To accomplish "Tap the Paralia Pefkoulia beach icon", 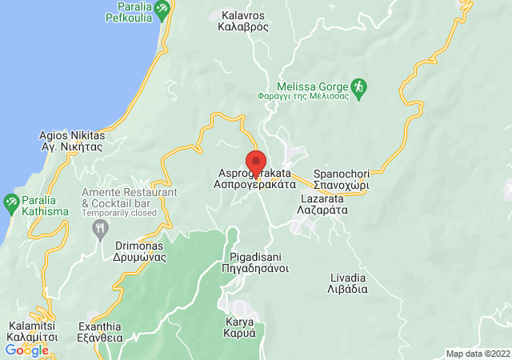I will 162,10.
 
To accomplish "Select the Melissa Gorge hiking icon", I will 359,86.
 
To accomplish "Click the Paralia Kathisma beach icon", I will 10,201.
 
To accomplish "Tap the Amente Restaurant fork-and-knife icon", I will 100,229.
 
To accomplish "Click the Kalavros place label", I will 242,20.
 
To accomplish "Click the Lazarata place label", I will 324,203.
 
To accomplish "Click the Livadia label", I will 348,283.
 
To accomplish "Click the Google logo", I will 26,350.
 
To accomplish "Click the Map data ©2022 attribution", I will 477,354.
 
